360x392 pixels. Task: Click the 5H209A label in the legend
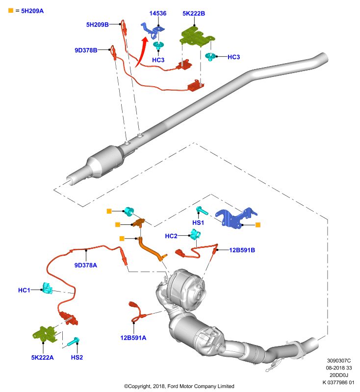(x=32, y=11)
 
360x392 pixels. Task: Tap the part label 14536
(x=158, y=13)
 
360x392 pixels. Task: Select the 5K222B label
(x=194, y=14)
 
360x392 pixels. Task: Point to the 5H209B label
(x=97, y=24)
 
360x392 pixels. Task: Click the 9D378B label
(x=86, y=50)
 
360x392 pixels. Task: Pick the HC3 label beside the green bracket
(x=233, y=57)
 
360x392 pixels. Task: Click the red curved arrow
(x=141, y=52)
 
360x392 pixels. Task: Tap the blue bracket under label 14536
(x=152, y=30)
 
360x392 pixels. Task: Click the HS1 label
(x=198, y=222)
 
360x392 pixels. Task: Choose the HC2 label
(x=171, y=236)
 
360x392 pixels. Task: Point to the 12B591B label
(x=242, y=250)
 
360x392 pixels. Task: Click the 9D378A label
(x=85, y=265)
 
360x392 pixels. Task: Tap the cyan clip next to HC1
(x=47, y=288)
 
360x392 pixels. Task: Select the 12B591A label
(x=133, y=338)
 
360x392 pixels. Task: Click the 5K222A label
(x=42, y=358)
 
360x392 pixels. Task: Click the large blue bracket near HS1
(x=235, y=218)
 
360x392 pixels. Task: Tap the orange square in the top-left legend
(x=11, y=10)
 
